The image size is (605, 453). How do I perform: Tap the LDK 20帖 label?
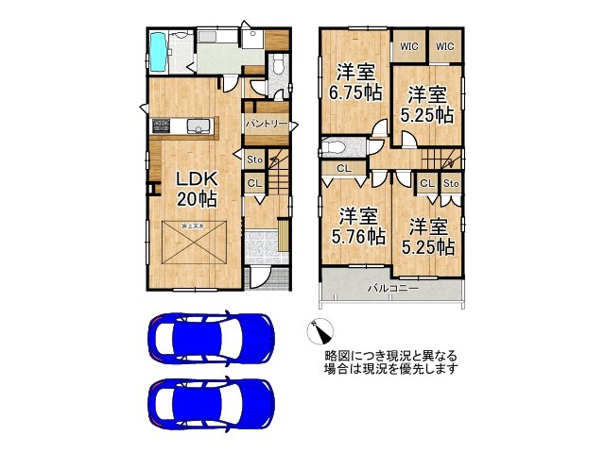196,189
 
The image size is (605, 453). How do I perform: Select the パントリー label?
266,124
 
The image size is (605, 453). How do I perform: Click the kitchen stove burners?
159,125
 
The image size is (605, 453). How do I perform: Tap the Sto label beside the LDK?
254,159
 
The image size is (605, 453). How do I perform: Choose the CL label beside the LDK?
254,182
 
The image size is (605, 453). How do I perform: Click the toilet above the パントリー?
275,68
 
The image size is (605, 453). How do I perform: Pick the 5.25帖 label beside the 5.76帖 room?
431,237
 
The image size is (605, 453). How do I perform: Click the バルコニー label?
392,289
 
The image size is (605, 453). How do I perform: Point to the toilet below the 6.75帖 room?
336,147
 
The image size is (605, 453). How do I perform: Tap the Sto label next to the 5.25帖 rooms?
451,183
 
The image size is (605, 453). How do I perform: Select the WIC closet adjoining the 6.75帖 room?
408,45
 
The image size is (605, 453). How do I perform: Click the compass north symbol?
320,331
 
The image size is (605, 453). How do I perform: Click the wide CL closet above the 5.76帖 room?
343,168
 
